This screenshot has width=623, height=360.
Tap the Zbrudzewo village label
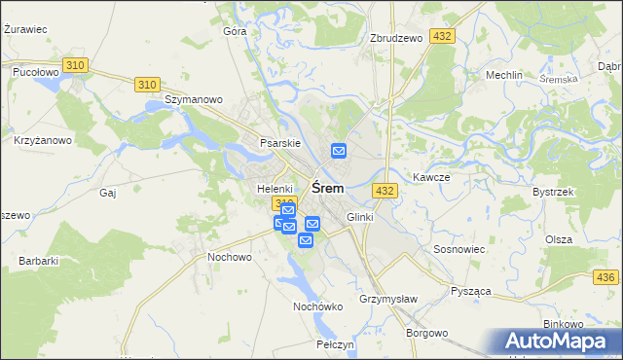(x=396, y=38)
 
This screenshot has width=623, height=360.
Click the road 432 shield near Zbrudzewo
(x=444, y=36)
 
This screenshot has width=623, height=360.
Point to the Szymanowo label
(x=195, y=99)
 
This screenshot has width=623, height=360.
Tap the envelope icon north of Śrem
(x=339, y=151)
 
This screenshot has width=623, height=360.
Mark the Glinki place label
(x=359, y=217)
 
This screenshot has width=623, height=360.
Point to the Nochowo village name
(x=230, y=257)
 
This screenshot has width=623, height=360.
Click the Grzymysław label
(x=387, y=298)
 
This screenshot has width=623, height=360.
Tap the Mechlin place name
(x=504, y=75)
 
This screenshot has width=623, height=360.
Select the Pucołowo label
(x=36, y=72)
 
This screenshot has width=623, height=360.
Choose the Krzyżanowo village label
(x=43, y=140)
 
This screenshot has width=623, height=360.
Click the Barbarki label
(x=39, y=261)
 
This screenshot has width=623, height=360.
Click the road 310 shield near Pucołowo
(x=76, y=65)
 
